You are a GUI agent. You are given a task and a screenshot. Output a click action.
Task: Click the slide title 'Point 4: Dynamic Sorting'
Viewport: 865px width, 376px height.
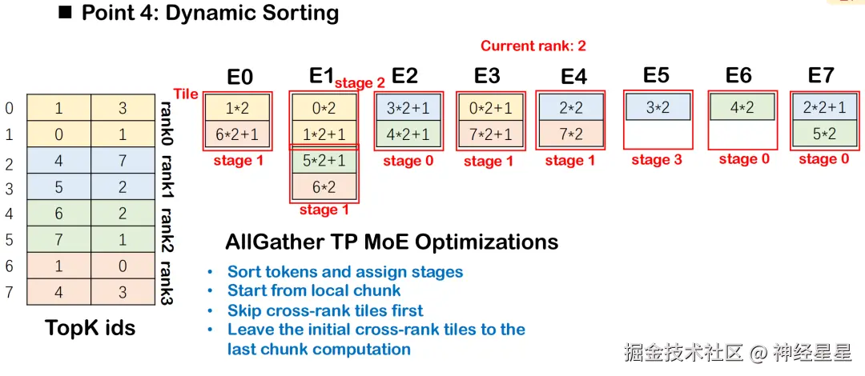click(210, 13)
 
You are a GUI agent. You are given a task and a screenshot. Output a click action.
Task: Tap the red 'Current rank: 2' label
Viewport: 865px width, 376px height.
click(533, 46)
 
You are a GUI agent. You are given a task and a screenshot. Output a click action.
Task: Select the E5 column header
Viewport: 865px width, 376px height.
click(656, 75)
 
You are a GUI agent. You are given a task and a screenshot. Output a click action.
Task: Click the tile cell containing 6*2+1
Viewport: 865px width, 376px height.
click(237, 134)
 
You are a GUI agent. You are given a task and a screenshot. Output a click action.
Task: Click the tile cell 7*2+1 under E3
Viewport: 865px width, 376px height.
click(490, 134)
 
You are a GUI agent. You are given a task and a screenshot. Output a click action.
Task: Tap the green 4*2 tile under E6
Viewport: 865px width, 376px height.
click(742, 107)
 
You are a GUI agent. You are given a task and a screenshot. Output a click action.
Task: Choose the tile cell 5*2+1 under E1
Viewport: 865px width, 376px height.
click(324, 161)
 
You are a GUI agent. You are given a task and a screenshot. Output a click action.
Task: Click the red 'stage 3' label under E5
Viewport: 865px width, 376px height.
click(657, 161)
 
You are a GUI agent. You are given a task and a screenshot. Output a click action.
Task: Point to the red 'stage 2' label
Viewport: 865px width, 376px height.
click(360, 83)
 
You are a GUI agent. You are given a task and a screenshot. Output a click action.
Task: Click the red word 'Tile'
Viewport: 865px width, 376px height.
click(185, 94)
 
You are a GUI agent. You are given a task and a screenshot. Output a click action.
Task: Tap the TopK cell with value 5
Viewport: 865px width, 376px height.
click(58, 187)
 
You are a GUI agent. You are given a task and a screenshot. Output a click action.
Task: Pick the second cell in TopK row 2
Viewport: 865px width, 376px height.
click(123, 161)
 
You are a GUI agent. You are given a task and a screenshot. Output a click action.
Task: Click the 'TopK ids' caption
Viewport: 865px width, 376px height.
click(90, 328)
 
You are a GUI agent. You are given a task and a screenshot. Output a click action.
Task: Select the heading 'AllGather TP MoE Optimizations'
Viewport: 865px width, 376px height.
click(392, 242)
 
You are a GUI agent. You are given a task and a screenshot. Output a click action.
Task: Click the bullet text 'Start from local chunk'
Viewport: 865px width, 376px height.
click(314, 290)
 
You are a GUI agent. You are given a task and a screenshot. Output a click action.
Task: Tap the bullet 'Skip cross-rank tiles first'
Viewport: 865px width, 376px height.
click(325, 310)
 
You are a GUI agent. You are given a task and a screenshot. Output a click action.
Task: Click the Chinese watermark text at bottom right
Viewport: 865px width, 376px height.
click(738, 352)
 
